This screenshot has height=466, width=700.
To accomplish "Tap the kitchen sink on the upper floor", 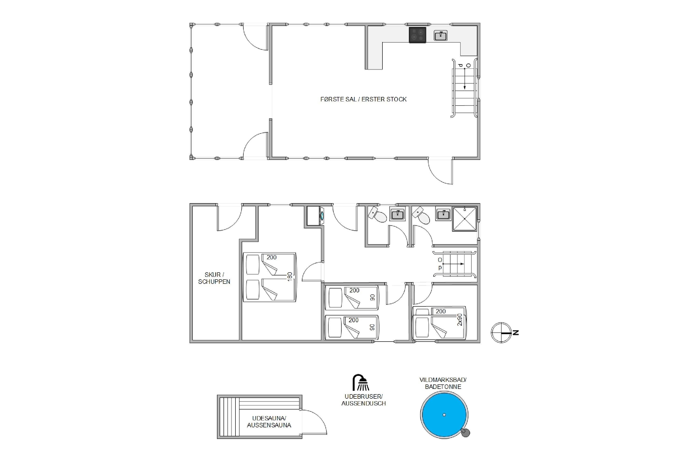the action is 441,36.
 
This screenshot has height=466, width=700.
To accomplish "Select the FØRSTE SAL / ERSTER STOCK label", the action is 363,99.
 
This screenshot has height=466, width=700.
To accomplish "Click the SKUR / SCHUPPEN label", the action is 214,278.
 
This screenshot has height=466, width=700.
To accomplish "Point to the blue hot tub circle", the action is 444,415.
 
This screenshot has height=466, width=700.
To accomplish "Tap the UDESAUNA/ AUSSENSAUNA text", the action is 269,422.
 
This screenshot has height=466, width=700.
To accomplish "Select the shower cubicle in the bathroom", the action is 465,219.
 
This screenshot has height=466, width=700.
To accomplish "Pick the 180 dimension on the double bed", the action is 290,277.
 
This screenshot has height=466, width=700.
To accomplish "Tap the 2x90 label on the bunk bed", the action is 460,319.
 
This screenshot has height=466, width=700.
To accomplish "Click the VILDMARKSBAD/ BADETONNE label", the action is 443,383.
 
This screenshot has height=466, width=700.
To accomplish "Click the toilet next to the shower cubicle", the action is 421,216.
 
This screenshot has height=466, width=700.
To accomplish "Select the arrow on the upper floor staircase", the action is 465,79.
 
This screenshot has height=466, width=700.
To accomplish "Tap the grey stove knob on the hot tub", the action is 465,432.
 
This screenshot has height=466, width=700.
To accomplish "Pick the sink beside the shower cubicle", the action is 443,214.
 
